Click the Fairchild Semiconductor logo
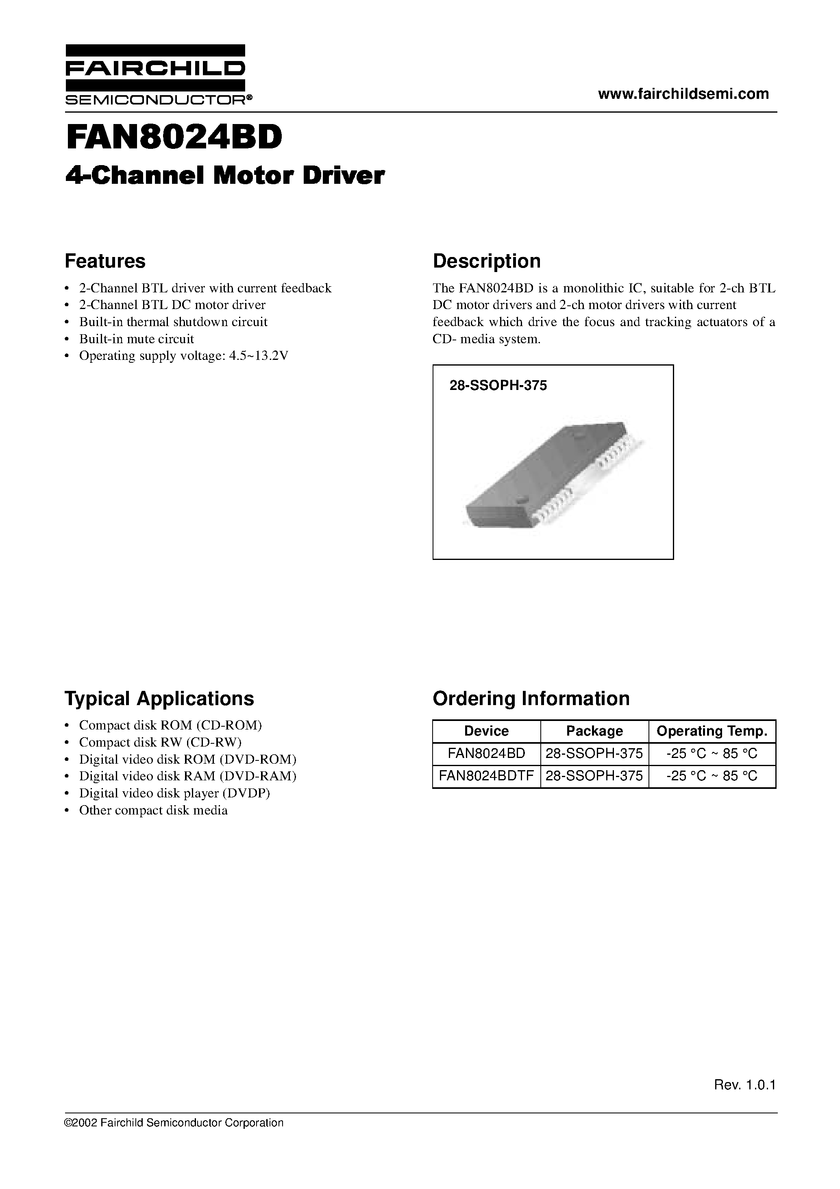click(x=155, y=75)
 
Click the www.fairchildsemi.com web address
click(x=683, y=94)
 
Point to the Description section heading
click(x=486, y=261)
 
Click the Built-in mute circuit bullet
click(x=136, y=339)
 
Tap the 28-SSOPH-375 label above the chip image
click(x=498, y=386)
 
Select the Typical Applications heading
click(x=159, y=699)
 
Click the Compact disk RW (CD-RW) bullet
click(x=160, y=742)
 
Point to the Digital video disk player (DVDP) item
click(x=174, y=793)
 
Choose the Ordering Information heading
click(x=531, y=699)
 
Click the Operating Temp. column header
click(x=712, y=731)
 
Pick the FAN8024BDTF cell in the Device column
click(x=486, y=776)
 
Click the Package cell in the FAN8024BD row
click(x=594, y=753)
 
